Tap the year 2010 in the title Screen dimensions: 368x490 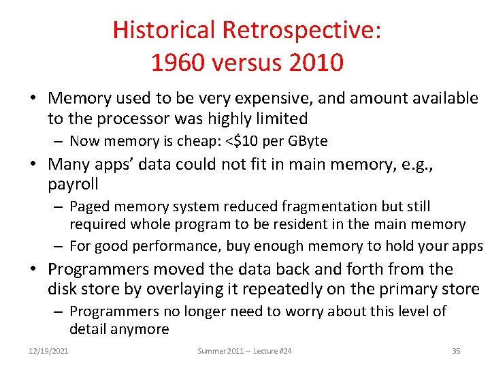pyautogui.click(x=315, y=63)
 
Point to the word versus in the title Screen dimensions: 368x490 pyautogui.click(x=246, y=63)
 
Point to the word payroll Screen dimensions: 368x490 pyautogui.click(x=73, y=184)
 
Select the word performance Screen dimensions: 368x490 pyautogui.click(x=179, y=245)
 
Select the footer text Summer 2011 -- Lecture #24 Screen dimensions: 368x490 pyautogui.click(x=244, y=351)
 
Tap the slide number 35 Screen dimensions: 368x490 pyautogui.click(x=456, y=351)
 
